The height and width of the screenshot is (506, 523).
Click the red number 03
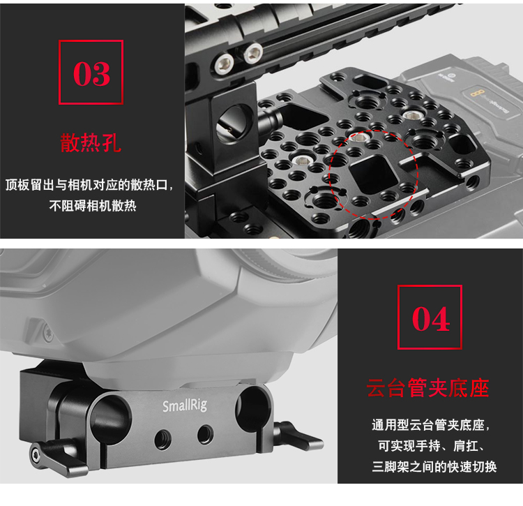click(x=91, y=74)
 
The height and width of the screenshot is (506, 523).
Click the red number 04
click(x=431, y=319)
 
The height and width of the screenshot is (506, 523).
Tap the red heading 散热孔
click(x=91, y=143)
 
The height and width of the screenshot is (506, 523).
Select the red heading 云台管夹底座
click(x=428, y=388)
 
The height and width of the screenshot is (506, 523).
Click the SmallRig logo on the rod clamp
click(x=185, y=405)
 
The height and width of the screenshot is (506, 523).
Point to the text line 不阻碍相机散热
click(x=93, y=206)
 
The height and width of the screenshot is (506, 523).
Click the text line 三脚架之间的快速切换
click(x=434, y=467)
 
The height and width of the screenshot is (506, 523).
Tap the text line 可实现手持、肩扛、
click(x=431, y=446)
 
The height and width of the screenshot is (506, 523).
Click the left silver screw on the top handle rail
click(x=224, y=64)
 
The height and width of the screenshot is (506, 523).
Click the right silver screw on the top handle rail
click(x=252, y=54)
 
